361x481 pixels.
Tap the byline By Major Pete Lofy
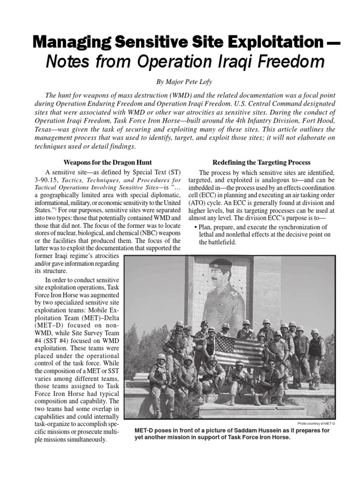(180, 81)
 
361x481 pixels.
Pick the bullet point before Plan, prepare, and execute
(195, 227)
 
